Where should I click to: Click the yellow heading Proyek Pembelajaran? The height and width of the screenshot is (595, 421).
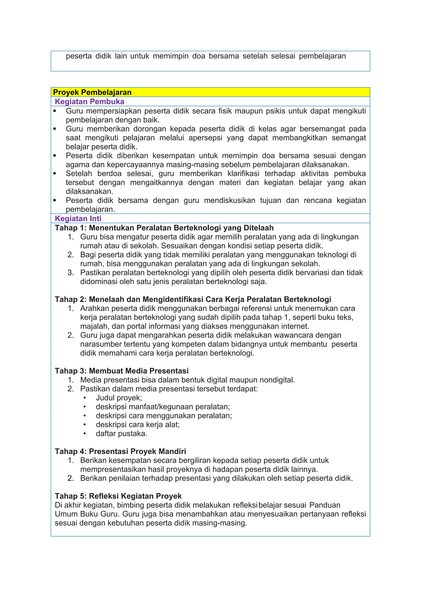(x=92, y=92)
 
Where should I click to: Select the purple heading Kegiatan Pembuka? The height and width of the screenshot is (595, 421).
(x=89, y=101)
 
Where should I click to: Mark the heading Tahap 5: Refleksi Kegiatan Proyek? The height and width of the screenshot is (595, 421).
(x=118, y=496)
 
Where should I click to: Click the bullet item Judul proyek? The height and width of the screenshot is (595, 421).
(x=119, y=398)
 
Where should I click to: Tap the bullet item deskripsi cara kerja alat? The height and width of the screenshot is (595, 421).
(x=138, y=424)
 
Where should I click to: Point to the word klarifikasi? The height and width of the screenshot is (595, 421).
(x=243, y=174)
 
